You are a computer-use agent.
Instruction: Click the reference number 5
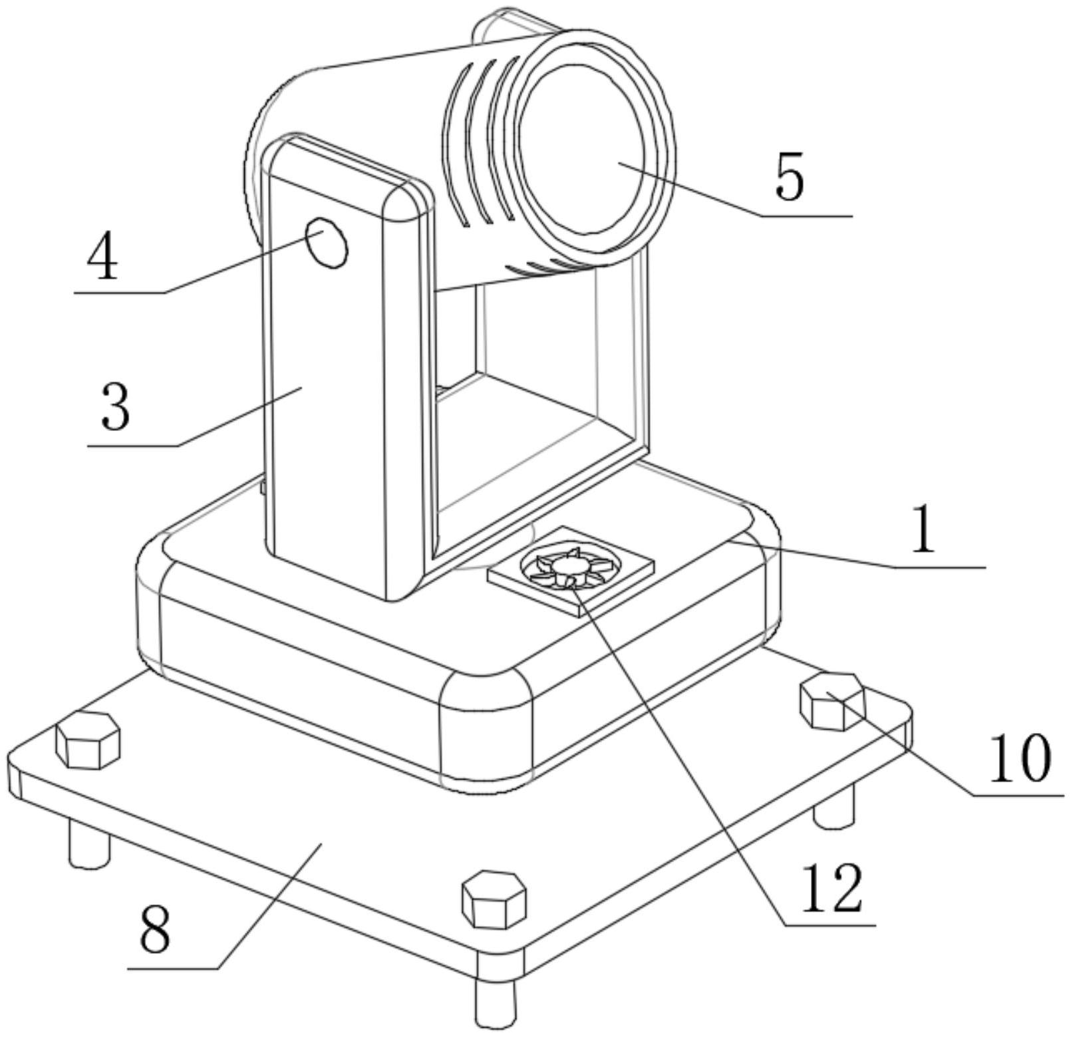tap(790, 177)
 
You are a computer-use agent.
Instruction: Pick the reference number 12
tap(832, 889)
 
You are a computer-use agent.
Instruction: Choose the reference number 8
tap(155, 929)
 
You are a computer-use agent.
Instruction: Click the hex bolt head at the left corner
tap(88, 740)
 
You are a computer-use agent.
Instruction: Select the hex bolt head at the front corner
tap(494, 899)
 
